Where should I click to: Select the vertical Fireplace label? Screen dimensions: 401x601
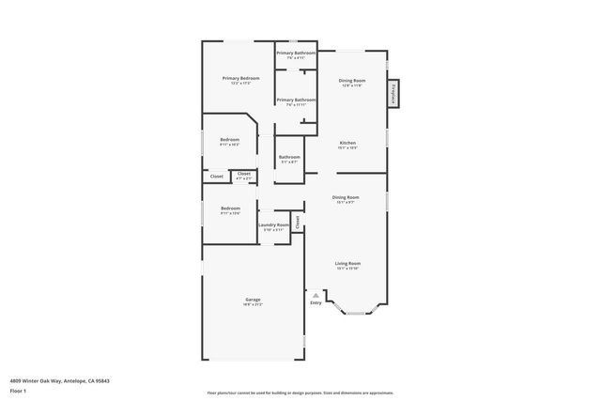[393, 93]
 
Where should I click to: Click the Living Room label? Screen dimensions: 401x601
[348, 264]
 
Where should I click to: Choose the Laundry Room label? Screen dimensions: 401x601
[273, 225]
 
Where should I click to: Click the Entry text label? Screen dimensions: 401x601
[316, 302]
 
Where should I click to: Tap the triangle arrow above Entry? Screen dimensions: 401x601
[316, 294]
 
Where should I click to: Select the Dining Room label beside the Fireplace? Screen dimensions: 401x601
[352, 81]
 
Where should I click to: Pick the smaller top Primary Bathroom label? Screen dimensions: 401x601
[296, 54]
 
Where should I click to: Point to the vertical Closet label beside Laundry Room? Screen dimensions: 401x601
[298, 223]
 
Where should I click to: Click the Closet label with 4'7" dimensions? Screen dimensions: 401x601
[243, 175]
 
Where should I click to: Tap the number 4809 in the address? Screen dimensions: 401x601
[17, 380]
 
